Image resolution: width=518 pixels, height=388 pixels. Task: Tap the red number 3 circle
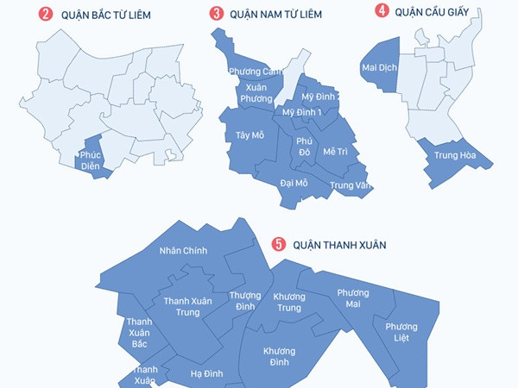[216, 14]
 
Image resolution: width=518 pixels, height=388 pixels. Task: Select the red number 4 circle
[381, 10]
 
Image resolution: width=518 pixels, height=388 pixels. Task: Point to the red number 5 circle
[278, 244]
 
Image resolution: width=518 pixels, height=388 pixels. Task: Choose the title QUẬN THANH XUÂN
[339, 245]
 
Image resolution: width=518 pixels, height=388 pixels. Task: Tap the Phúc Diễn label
[90, 160]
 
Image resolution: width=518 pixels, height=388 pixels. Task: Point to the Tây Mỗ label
[249, 135]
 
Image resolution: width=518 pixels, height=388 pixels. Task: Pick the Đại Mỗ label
[294, 183]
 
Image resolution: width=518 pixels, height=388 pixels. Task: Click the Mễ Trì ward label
[335, 151]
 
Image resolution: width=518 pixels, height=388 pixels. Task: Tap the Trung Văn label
[349, 185]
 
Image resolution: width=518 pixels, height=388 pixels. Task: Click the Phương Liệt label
[401, 331]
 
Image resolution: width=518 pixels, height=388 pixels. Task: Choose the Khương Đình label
[279, 356]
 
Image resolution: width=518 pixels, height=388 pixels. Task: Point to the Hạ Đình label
[207, 373]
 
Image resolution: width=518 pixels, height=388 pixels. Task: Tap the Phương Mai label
[352, 298]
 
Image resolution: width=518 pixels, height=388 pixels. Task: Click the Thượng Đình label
[245, 301]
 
